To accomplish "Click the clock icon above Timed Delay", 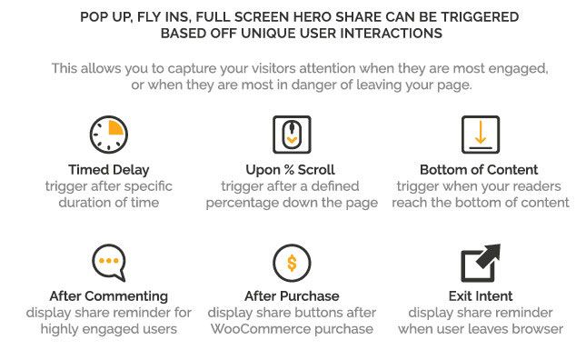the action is [109, 135].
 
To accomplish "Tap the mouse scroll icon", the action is [292, 135].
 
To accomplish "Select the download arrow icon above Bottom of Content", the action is [481, 135].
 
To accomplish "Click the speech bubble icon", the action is [109, 263].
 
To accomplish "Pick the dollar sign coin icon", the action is [292, 263].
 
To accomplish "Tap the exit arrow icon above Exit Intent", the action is [481, 263].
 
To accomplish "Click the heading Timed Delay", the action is [109, 170].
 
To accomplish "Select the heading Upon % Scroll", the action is [291, 170].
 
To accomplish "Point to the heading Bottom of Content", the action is [479, 170].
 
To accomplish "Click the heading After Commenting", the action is [109, 296].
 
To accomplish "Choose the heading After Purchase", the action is [292, 296].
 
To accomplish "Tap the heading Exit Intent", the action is [481, 296].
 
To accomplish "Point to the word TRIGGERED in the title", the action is [480, 17].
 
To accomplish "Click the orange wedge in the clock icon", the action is [115, 127].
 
